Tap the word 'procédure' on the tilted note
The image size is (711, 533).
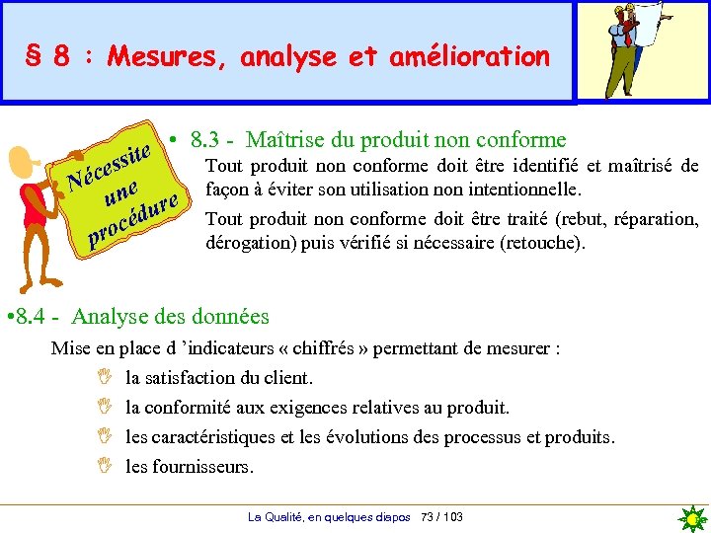coord(134,218)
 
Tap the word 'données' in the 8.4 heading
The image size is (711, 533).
coord(233,317)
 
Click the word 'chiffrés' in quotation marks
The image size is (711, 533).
coord(322,348)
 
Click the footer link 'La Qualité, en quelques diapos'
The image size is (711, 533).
coord(330,517)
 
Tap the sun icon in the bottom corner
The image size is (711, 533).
coord(693,518)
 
